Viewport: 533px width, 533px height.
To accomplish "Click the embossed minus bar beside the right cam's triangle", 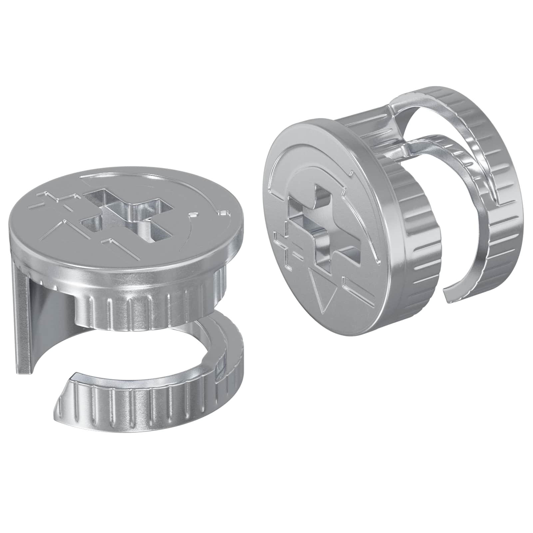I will coord(353,285).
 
